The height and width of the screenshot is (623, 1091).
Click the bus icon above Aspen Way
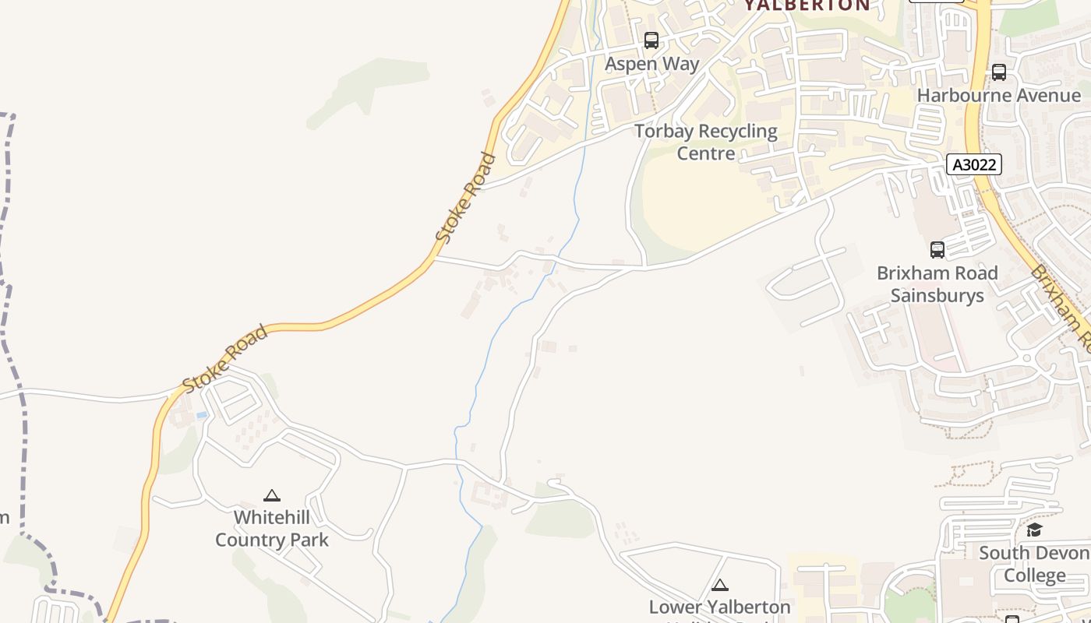(x=651, y=40)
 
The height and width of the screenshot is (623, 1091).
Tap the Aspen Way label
(x=652, y=64)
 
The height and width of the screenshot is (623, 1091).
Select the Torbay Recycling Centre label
(x=706, y=142)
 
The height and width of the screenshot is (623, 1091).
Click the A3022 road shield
(x=974, y=164)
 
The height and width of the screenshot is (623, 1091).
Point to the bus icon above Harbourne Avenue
(x=999, y=72)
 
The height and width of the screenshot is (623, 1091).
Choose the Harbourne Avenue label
(x=999, y=95)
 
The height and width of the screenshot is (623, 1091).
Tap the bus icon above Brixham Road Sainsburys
(x=937, y=250)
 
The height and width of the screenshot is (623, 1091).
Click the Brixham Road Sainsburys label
(x=937, y=284)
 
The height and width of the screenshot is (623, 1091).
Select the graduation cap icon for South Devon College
(x=1034, y=530)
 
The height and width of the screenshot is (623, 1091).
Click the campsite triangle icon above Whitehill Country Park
(x=271, y=495)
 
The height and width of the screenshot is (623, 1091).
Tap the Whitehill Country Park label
(x=271, y=529)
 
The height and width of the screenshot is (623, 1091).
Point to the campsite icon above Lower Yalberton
(x=720, y=585)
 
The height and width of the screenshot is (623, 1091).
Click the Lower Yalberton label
(x=720, y=607)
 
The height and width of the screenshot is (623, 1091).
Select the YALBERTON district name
(x=807, y=5)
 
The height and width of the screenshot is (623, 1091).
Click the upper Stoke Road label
(x=466, y=196)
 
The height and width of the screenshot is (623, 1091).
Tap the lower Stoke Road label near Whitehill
(x=225, y=359)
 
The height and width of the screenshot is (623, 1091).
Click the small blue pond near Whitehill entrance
(x=203, y=415)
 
